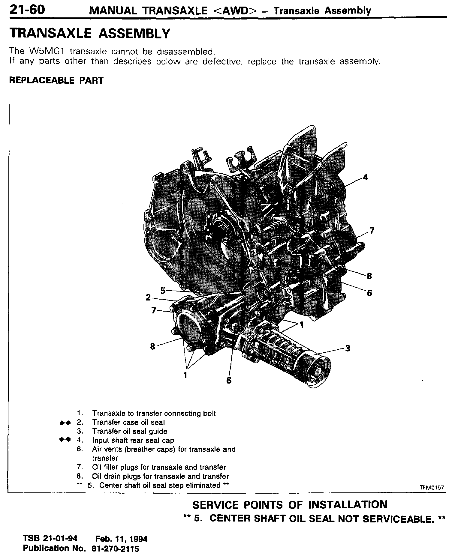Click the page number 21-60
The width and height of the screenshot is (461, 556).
coord(27,10)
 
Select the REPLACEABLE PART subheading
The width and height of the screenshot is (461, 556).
coord(56,80)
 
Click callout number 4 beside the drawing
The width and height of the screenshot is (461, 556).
coord(365,178)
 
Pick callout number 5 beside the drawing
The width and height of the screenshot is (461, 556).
coord(163,291)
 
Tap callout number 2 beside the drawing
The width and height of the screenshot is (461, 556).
coord(148,297)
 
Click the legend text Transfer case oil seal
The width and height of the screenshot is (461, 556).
coord(128,423)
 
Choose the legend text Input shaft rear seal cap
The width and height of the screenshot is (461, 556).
coord(133,441)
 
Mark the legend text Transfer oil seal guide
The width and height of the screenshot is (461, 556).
coord(130,432)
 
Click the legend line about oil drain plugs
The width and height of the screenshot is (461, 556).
coord(160,477)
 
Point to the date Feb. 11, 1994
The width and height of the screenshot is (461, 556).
coord(121,539)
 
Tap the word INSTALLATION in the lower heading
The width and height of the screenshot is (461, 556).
coord(348,505)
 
